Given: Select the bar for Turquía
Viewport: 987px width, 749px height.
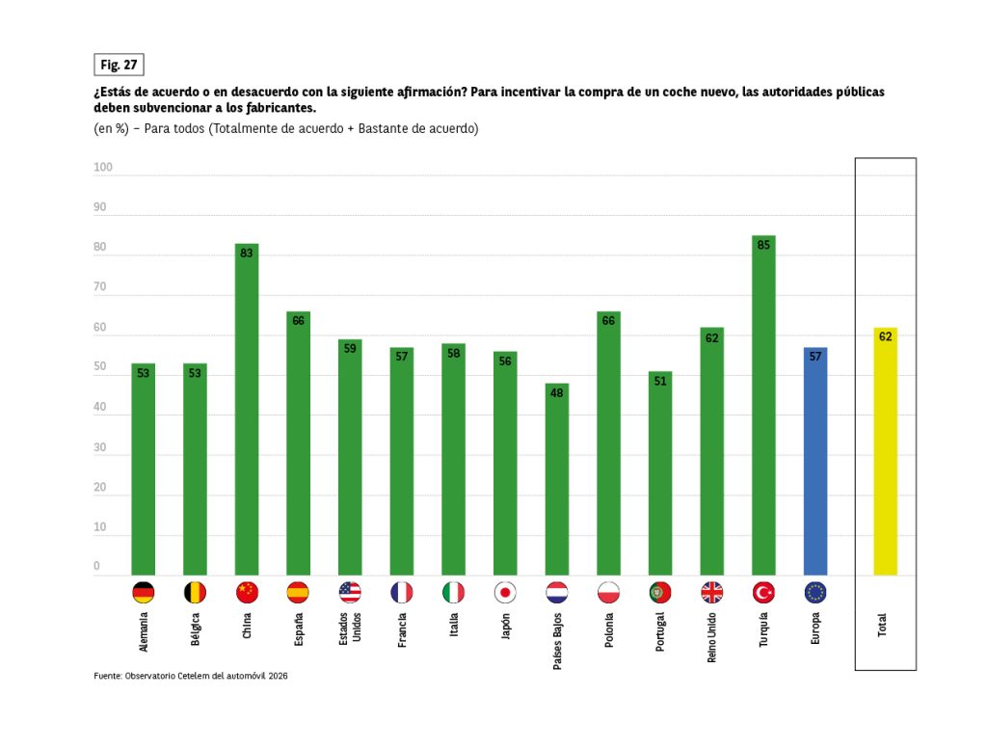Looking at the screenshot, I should (763, 405).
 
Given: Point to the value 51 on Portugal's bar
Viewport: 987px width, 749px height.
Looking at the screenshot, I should (660, 381).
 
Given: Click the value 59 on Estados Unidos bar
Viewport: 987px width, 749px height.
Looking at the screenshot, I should (350, 348).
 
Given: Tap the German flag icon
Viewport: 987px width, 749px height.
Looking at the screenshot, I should (144, 592).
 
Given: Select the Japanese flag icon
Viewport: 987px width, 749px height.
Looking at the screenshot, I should (505, 592).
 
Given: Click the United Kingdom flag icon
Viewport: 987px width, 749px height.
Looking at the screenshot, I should (712, 592).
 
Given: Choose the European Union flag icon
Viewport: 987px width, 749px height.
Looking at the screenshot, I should (815, 592).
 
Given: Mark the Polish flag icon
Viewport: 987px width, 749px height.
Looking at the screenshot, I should (608, 592).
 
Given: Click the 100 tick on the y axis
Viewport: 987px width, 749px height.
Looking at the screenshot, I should (103, 168).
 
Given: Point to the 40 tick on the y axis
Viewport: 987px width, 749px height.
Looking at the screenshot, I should (100, 408).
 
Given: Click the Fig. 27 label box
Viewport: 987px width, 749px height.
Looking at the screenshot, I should (119, 65).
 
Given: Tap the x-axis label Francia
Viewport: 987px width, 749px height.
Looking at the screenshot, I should (402, 630).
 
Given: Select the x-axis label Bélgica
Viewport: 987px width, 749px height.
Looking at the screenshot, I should (196, 631).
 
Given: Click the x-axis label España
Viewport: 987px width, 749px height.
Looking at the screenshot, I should (299, 630).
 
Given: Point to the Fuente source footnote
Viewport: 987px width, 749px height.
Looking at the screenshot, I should (191, 676).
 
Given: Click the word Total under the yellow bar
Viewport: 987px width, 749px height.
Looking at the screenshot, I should (883, 625).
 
